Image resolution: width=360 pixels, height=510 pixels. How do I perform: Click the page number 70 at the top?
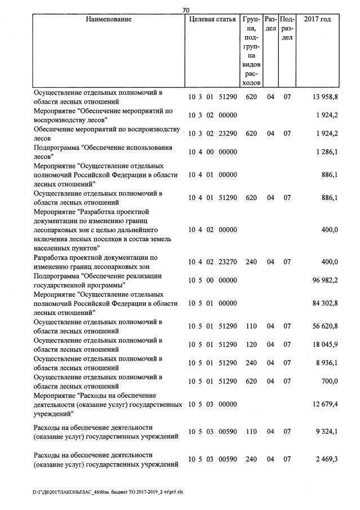click(x=186, y=10)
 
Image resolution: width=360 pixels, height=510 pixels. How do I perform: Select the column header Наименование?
click(x=109, y=20)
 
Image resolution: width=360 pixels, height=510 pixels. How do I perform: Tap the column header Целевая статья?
click(x=212, y=20)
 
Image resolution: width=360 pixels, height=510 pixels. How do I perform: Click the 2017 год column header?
click(x=317, y=20)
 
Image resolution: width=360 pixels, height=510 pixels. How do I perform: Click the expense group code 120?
click(x=251, y=345)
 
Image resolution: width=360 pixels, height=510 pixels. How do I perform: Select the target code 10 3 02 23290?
click(x=212, y=134)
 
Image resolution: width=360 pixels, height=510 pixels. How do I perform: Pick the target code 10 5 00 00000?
click(x=212, y=280)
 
